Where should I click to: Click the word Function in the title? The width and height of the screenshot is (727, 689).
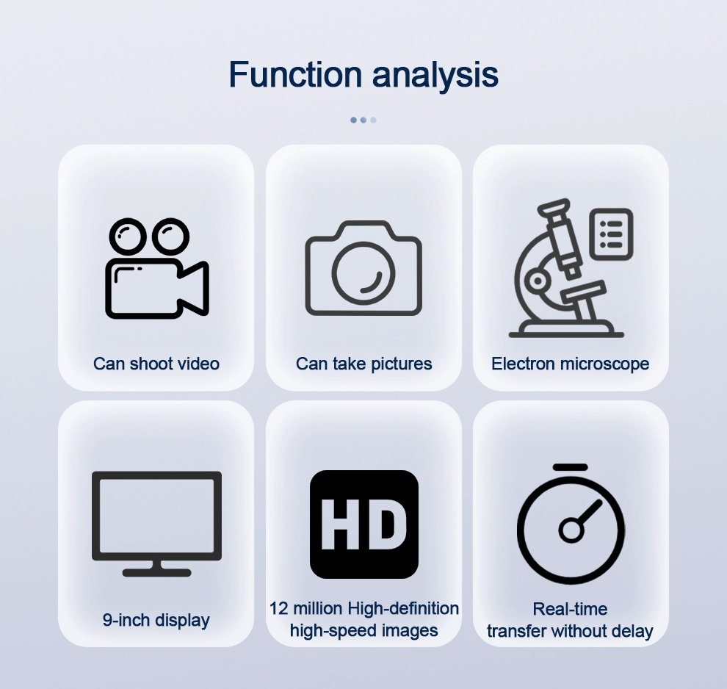pyautogui.click(x=295, y=74)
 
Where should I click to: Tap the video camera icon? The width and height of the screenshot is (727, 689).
pyautogui.click(x=157, y=268)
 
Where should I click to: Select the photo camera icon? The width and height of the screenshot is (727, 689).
pyautogui.click(x=363, y=268)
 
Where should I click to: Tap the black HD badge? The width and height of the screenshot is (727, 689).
pyautogui.click(x=364, y=524)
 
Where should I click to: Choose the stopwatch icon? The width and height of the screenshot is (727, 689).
pyautogui.click(x=571, y=524)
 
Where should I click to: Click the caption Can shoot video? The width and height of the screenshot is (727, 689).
pyautogui.click(x=156, y=364)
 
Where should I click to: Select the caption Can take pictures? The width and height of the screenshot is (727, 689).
pyautogui.click(x=364, y=364)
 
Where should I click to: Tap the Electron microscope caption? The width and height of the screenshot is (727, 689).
pyautogui.click(x=571, y=364)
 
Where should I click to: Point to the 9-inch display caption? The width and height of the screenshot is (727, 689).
pyautogui.click(x=156, y=620)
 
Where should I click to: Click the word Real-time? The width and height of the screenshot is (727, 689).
pyautogui.click(x=570, y=609)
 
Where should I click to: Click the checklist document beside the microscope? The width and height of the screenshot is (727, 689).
pyautogui.click(x=611, y=234)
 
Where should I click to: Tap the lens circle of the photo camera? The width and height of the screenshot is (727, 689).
pyautogui.click(x=363, y=273)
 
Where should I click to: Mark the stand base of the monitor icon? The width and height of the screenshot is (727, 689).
pyautogui.click(x=156, y=573)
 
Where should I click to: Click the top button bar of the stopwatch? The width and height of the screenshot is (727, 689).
pyautogui.click(x=571, y=467)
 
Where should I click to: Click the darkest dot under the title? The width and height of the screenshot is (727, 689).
pyautogui.click(x=353, y=120)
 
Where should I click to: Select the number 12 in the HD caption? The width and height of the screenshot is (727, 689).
pyautogui.click(x=279, y=608)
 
